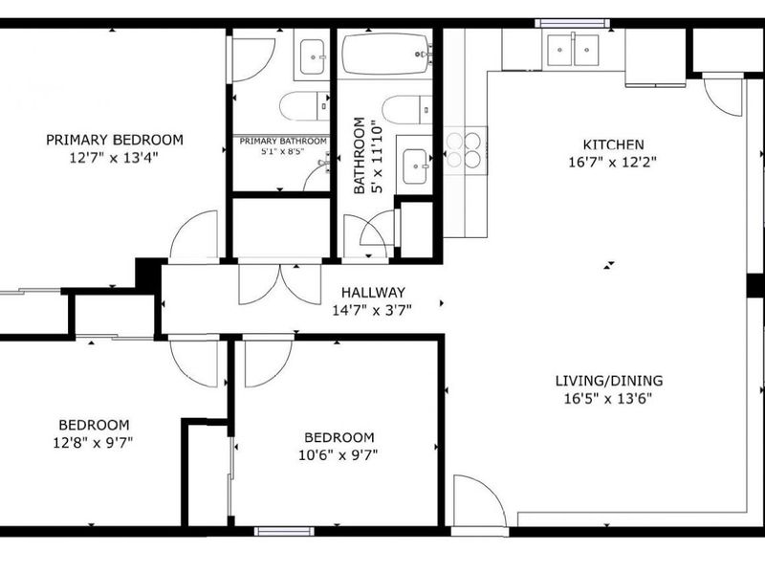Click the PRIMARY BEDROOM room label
(115, 140)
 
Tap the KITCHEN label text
(613, 144)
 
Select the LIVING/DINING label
(609, 381)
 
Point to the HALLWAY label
(373, 293)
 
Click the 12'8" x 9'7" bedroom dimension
(93, 443)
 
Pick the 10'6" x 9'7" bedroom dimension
(339, 455)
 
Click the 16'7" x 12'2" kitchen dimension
(613, 162)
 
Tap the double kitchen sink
(573, 50)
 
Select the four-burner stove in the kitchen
(465, 150)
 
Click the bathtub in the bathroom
(385, 55)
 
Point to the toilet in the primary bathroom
(304, 105)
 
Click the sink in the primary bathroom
(313, 56)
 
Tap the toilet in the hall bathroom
(407, 110)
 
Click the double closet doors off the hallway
(280, 284)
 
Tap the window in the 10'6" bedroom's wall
(284, 532)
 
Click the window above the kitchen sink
(573, 23)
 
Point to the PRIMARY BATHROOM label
(283, 141)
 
